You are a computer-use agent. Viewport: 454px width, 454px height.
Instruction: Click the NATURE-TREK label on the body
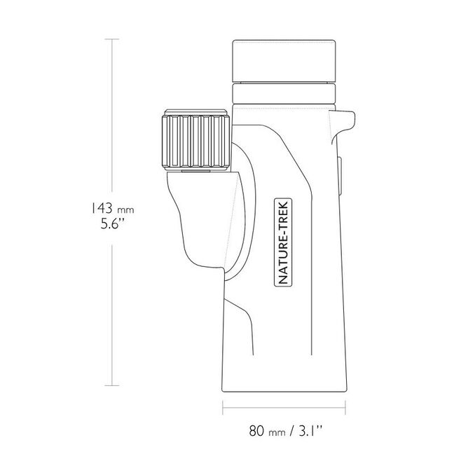[283, 242]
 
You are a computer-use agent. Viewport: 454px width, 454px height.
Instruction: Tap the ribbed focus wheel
[196, 141]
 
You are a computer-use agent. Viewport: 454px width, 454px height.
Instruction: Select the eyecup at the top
[284, 61]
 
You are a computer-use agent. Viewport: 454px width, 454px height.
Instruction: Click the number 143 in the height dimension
[102, 208]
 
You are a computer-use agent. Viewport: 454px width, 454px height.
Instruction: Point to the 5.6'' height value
[112, 223]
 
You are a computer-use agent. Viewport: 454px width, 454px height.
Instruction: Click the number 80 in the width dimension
[257, 431]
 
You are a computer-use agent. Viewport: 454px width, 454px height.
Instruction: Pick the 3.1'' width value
[310, 431]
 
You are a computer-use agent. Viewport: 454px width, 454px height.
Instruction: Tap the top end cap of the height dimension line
[112, 39]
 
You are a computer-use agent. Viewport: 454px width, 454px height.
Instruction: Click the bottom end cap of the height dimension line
[112, 385]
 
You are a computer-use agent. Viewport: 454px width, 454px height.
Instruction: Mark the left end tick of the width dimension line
[223, 408]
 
